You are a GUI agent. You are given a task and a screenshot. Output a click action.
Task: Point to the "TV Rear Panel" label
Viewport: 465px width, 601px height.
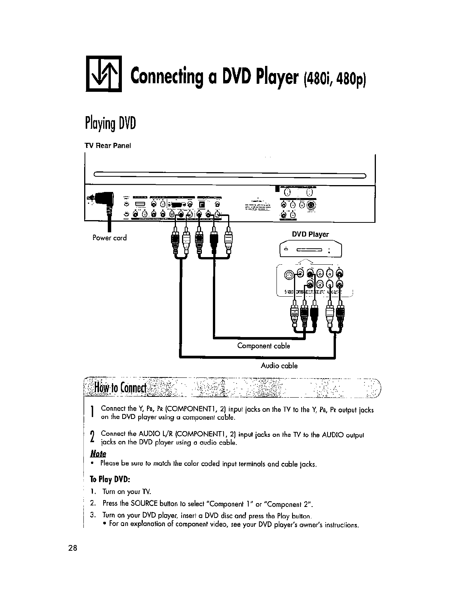(108, 146)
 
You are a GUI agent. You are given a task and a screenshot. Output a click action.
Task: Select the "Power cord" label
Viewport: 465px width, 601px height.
(110, 238)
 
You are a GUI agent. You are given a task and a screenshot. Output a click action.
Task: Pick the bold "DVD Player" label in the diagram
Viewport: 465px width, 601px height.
(310, 234)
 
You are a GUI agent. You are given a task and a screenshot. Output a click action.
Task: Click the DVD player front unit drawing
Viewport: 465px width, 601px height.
(311, 250)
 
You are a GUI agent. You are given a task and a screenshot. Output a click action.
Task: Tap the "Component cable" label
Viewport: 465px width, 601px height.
(264, 346)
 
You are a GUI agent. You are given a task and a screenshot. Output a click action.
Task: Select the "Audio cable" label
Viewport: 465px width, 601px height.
(279, 366)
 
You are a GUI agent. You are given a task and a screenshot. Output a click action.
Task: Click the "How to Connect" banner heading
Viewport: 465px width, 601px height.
(121, 388)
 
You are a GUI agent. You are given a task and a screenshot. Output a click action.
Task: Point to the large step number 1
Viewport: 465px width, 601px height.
(92, 412)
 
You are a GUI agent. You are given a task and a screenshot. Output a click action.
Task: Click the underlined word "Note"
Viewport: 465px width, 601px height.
(98, 454)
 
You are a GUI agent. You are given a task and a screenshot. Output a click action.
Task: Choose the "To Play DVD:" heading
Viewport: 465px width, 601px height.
(110, 479)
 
